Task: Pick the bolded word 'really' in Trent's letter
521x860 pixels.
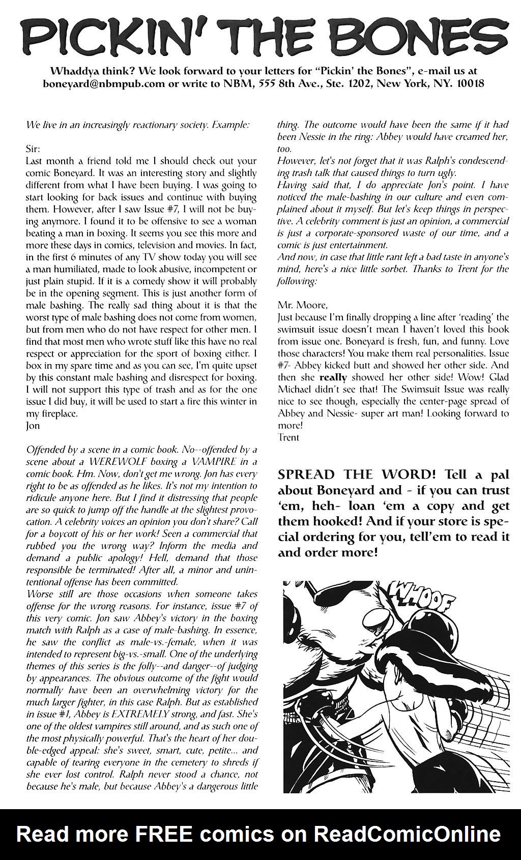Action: point(333,377)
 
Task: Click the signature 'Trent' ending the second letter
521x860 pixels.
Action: point(288,437)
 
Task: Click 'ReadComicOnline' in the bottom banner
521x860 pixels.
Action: point(407,834)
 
